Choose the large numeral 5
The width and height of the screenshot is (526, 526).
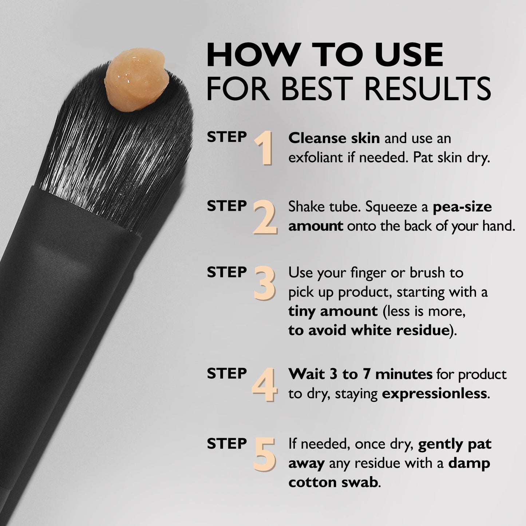pyautogui.click(x=264, y=454)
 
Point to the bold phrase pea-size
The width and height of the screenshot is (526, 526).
pyautogui.click(x=462, y=207)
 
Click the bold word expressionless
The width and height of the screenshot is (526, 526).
pyautogui.click(x=434, y=394)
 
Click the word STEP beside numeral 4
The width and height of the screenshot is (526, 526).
pyautogui.click(x=227, y=373)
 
